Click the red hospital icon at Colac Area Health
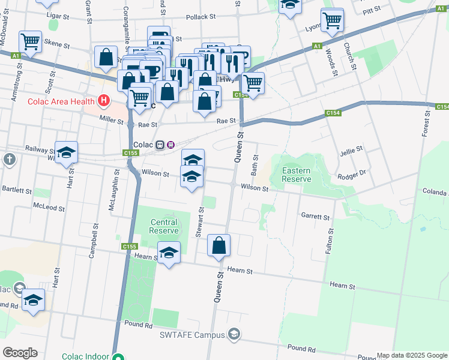[x=105, y=100]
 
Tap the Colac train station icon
[x=160, y=145]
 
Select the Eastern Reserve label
[x=297, y=175]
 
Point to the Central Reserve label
[x=164, y=226]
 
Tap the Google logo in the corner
[x=20, y=353]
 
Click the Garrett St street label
[x=315, y=216]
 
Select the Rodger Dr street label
[x=351, y=174]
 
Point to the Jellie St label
[x=351, y=148]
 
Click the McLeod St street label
[x=49, y=208]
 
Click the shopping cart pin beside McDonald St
[x=30, y=41]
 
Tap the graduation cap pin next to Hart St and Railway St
[x=67, y=153]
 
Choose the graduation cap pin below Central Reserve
[x=169, y=253]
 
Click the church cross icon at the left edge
[x=9, y=159]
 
